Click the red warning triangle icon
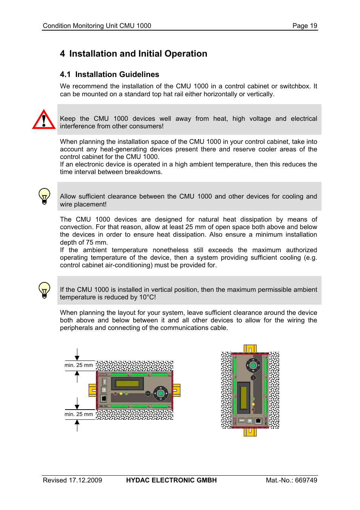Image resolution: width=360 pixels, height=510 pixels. coord(44,120)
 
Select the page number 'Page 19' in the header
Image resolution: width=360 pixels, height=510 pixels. coord(305,26)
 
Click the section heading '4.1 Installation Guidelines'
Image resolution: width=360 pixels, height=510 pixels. coord(109,74)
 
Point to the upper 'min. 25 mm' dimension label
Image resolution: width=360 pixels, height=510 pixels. coord(78,365)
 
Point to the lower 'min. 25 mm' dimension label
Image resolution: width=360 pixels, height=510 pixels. coord(78,414)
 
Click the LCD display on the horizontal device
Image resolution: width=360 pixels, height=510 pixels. coord(128,384)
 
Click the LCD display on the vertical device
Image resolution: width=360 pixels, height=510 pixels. coord(243,398)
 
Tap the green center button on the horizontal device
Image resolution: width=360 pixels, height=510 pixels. coord(161,393)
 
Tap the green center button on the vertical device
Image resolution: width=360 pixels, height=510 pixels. coord(253,365)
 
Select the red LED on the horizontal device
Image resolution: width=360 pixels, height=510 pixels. coord(115,394)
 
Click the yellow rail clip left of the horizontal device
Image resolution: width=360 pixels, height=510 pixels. coord(92,390)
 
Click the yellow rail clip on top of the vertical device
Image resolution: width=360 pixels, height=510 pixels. coord(250,348)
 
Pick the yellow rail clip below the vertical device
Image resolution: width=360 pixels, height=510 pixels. coord(250,432)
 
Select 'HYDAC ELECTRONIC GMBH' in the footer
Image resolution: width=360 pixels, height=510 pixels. coord(171,480)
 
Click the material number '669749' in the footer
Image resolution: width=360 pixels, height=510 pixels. coord(306,480)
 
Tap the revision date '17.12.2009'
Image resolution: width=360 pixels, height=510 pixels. coord(85,480)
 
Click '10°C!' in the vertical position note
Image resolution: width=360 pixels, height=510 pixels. coord(147,297)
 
